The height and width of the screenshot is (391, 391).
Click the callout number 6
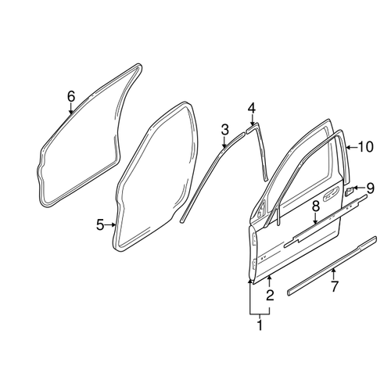click(71, 96)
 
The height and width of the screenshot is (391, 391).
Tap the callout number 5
click(100, 224)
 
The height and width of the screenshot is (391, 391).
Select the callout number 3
click(224, 130)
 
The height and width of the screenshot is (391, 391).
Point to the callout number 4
click(252, 109)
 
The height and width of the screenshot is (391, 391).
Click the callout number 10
click(365, 147)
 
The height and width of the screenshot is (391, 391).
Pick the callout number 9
click(371, 188)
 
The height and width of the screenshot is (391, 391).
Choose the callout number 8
click(316, 206)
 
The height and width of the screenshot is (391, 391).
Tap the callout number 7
click(335, 286)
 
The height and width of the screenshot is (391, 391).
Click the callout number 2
click(270, 295)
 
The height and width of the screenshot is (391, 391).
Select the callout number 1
click(260, 325)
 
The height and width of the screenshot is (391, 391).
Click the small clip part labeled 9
click(349, 191)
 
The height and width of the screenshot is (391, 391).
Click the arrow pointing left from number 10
click(351, 148)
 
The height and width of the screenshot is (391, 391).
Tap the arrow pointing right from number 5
click(110, 224)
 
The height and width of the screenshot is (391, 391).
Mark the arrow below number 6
click(71, 109)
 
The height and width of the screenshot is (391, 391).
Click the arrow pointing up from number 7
click(333, 274)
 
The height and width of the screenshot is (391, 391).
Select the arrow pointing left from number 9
click(360, 188)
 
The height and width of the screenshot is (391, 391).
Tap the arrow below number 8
click(315, 219)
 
